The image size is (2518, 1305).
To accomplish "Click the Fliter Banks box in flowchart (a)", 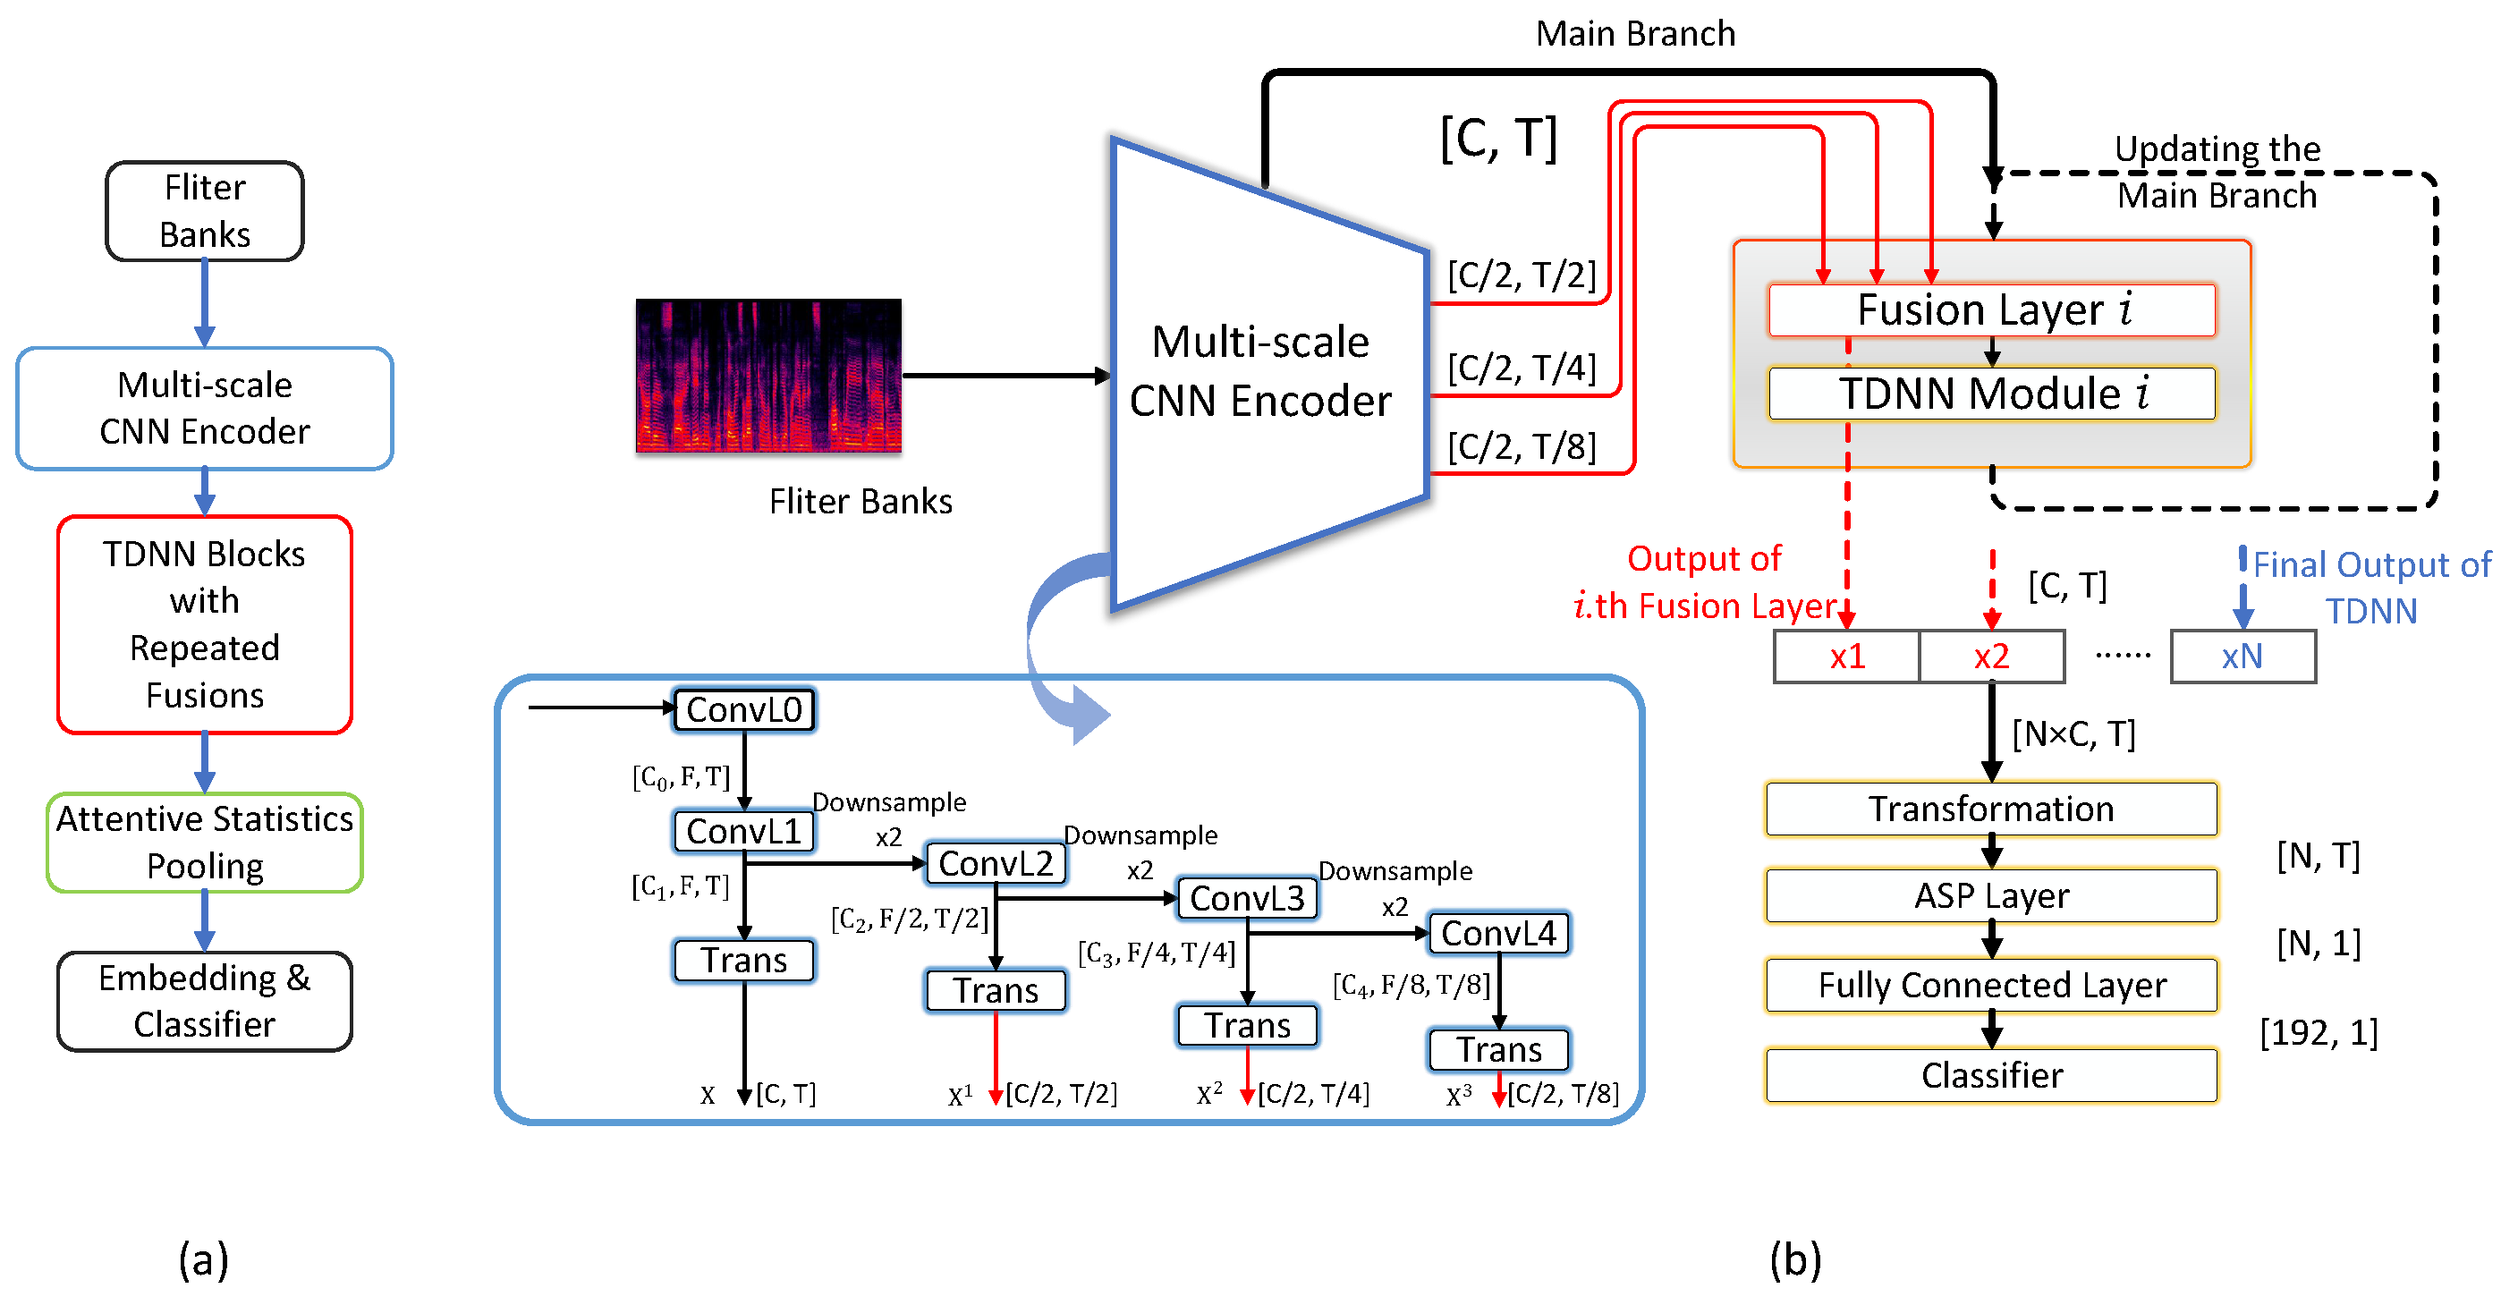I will pyautogui.click(x=204, y=211).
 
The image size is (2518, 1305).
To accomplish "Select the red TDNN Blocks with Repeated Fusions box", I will pyautogui.click(x=204, y=623).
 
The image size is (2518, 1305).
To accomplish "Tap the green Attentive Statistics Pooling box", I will pyautogui.click(x=204, y=842).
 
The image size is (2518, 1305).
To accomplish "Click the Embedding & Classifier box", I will pyautogui.click(x=204, y=1001).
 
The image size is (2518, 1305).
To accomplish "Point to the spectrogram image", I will pyautogui.click(x=768, y=376).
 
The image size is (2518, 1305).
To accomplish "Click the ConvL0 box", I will pyautogui.click(x=744, y=709).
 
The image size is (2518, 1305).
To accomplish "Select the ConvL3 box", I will pyautogui.click(x=1246, y=897).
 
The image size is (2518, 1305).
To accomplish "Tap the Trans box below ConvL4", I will pyautogui.click(x=1498, y=1050).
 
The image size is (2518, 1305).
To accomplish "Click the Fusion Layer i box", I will pyautogui.click(x=1991, y=309).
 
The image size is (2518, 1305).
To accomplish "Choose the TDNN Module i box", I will pyautogui.click(x=1991, y=393).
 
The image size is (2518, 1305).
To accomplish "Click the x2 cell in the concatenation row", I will pyautogui.click(x=1991, y=656).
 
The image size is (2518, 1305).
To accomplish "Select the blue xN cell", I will pyautogui.click(x=2242, y=656).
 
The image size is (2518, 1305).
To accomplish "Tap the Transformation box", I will pyautogui.click(x=1991, y=809).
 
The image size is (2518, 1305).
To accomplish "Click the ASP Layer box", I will pyautogui.click(x=1991, y=895).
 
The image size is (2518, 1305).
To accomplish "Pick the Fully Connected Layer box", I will pyautogui.click(x=1991, y=986).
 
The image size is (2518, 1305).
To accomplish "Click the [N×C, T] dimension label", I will pyautogui.click(x=2073, y=733).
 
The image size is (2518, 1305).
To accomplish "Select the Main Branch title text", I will pyautogui.click(x=1635, y=33).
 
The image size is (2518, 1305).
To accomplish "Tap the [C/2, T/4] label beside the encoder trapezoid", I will pyautogui.click(x=1521, y=368).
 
